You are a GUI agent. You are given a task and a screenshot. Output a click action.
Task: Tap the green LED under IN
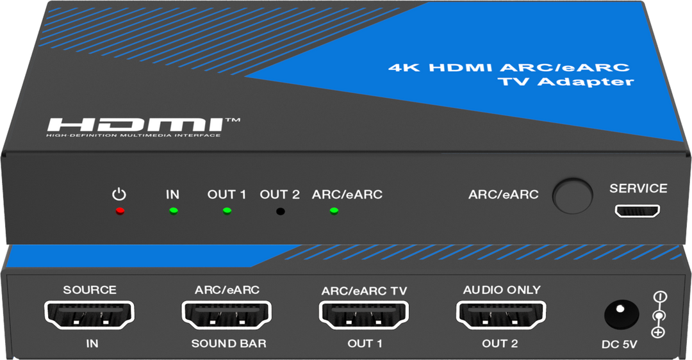pyautogui.click(x=173, y=211)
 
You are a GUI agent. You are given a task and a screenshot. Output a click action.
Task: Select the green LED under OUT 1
pyautogui.click(x=226, y=211)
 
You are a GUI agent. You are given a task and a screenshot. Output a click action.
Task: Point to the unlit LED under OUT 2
pyautogui.click(x=280, y=211)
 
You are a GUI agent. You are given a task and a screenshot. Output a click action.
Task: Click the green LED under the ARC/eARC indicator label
pyautogui.click(x=334, y=211)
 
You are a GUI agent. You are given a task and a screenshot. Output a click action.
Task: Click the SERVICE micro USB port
pyautogui.click(x=638, y=211)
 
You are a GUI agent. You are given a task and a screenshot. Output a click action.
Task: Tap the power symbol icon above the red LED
pyautogui.click(x=118, y=193)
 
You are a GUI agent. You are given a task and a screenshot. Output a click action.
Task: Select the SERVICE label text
pyautogui.click(x=638, y=188)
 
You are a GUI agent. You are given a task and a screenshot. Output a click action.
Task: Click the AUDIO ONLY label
pyautogui.click(x=501, y=290)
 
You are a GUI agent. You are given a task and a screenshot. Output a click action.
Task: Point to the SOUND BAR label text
pyautogui.click(x=229, y=344)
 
